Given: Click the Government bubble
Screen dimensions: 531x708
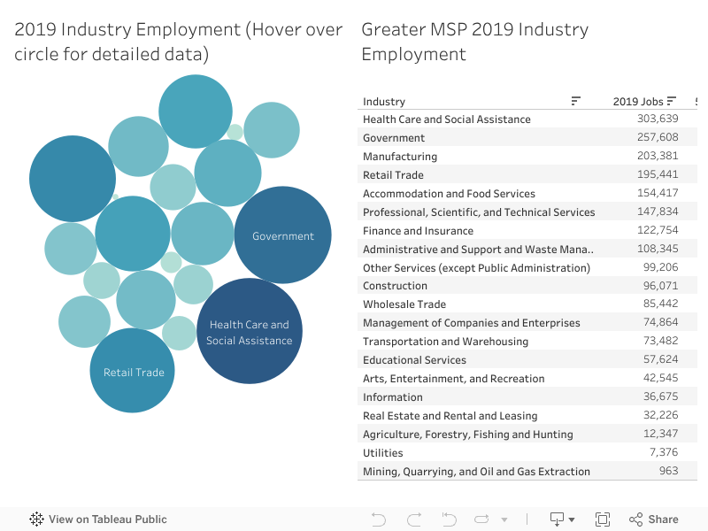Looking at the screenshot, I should coord(282,235).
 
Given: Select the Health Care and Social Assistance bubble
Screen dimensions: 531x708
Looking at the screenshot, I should coord(249,332).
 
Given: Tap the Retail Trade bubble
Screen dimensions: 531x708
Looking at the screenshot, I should coord(133,372).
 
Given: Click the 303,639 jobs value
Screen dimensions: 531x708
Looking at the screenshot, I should coord(657,119).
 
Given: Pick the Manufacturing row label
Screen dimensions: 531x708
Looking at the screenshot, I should coord(400,156).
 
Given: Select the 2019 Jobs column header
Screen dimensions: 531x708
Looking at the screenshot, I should coord(637,101).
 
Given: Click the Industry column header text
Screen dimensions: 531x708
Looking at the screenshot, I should coord(384,101).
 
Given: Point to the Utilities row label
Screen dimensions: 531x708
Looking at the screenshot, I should coord(382,452).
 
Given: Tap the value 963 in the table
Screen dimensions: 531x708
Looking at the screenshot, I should coord(668,471).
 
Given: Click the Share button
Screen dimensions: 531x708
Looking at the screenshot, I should coord(654,519).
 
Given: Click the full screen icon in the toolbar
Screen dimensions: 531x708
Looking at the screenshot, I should coord(603,519).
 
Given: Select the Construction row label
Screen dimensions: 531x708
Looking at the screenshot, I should coord(395,286).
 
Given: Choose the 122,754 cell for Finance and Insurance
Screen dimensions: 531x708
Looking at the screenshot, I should coord(657,230).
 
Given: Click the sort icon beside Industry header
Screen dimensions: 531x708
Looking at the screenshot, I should coord(576,101).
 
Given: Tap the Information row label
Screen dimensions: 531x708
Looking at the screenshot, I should coord(392,396).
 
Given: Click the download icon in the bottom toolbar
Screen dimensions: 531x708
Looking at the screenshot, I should coord(558,519).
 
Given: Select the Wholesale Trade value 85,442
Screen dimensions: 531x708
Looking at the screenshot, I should coord(660,304).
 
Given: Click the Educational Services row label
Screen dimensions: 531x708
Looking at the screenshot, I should coord(414,359).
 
